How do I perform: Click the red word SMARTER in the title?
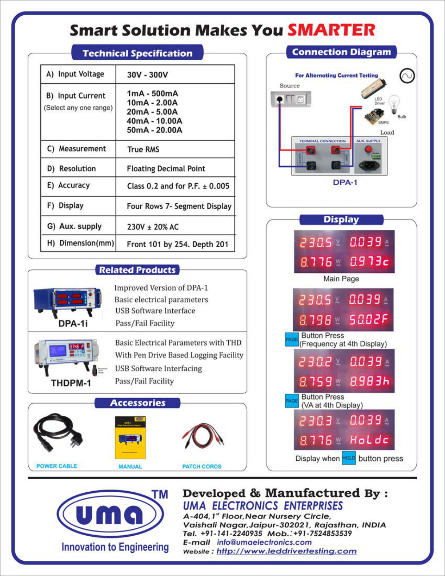coord(331,30)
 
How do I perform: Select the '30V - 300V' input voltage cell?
coord(147,75)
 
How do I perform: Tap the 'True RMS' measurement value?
coord(143,149)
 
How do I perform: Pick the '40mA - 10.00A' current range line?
coord(154,121)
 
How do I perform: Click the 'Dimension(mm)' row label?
coord(80,243)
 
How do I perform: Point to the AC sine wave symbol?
coord(407,76)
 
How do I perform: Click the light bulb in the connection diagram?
coord(394,104)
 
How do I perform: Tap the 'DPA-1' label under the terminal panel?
coord(345,183)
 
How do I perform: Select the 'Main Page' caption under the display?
coord(341,279)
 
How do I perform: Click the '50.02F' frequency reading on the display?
coord(368,320)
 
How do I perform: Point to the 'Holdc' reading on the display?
coord(369,440)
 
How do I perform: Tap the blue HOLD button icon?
coord(349,458)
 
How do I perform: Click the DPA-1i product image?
coord(67,299)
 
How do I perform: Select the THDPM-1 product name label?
coord(71,383)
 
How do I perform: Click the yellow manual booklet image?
coord(130,438)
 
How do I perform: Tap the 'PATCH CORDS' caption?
coord(202,467)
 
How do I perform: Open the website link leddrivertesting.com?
coord(286,551)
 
